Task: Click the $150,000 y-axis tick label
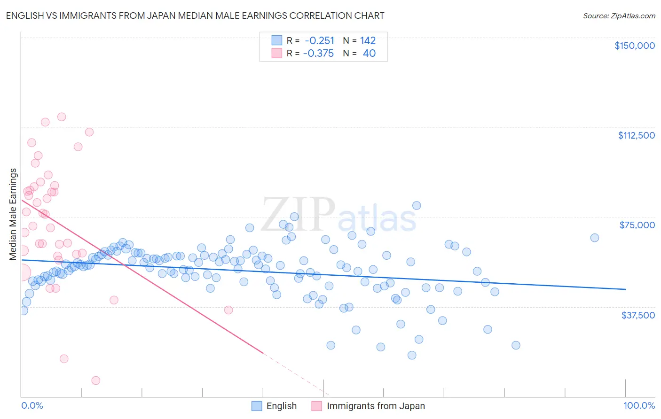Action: pyautogui.click(x=634, y=46)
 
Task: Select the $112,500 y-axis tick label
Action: pyautogui.click(x=636, y=135)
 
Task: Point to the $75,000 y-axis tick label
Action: pyautogui.click(x=637, y=225)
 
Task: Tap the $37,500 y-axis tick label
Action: pyautogui.click(x=638, y=315)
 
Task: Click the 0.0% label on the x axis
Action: pyautogui.click(x=32, y=405)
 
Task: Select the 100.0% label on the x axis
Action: pyautogui.click(x=639, y=405)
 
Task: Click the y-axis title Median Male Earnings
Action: pyautogui.click(x=13, y=214)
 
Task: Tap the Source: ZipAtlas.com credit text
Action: pyautogui.click(x=619, y=16)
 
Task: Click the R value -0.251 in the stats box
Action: pyautogui.click(x=319, y=40)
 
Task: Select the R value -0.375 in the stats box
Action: pyautogui.click(x=318, y=53)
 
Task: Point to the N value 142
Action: pyautogui.click(x=368, y=40)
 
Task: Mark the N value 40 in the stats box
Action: pyautogui.click(x=369, y=53)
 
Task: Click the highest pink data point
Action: pyautogui.click(x=62, y=117)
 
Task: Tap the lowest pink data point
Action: pyautogui.click(x=96, y=380)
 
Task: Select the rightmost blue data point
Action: pyautogui.click(x=595, y=238)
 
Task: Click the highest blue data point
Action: pyautogui.click(x=417, y=205)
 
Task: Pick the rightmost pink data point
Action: pyautogui.click(x=228, y=310)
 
